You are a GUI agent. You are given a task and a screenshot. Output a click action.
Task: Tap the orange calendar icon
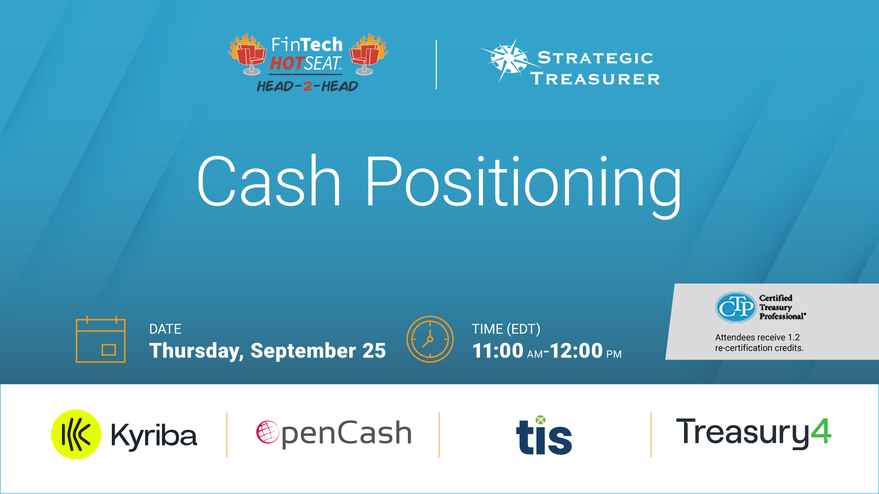tap(101, 339)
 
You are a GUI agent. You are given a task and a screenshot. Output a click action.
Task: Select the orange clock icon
tap(430, 339)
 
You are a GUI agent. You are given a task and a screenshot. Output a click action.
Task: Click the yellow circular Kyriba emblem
tap(76, 434)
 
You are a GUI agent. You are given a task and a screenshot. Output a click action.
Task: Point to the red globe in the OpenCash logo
tap(267, 432)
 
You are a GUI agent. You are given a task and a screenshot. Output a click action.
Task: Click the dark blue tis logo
tap(544, 435)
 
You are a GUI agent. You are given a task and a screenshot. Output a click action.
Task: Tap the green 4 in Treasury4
tap(821, 431)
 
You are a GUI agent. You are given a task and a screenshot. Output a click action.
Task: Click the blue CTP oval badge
tap(735, 307)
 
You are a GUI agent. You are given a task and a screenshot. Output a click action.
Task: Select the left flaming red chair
tap(248, 54)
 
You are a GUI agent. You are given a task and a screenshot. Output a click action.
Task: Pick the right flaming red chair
tap(368, 54)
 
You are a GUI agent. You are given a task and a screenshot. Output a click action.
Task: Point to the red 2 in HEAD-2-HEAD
tap(308, 86)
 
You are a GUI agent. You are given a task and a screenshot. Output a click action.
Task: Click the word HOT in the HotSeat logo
tap(287, 63)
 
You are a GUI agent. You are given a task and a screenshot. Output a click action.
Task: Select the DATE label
tap(165, 329)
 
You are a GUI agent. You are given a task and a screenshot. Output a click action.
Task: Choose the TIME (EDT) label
tap(506, 329)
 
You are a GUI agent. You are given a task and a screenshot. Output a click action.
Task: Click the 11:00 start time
tap(498, 351)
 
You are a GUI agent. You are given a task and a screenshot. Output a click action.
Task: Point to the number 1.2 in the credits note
tap(794, 337)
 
